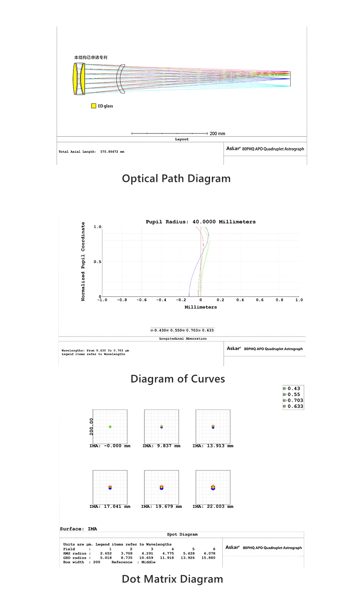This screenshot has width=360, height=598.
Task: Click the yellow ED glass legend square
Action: point(93,106)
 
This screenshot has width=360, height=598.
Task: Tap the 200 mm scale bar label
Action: point(217,133)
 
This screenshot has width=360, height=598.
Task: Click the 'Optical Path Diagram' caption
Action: point(176,179)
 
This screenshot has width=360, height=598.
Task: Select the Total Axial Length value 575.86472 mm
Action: point(112,152)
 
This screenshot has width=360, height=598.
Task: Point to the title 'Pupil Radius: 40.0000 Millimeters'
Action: point(201,222)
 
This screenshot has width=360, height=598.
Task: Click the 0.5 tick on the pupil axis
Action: point(97,262)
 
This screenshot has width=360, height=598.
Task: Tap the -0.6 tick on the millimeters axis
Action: point(141,300)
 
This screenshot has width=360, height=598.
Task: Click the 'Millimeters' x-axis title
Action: point(201,307)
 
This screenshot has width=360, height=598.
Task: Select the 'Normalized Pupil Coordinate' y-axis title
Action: point(83,261)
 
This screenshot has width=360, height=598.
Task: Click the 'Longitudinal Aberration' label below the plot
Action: point(183,339)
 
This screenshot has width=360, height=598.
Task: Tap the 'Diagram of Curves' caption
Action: point(178,378)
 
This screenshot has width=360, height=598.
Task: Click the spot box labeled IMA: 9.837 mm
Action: point(161,426)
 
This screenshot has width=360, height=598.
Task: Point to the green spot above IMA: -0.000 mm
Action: point(110,427)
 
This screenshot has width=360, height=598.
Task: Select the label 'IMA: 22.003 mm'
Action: point(212,506)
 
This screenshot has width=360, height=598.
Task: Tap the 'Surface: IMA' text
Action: point(78,529)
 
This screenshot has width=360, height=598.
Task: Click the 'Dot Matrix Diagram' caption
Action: point(172,579)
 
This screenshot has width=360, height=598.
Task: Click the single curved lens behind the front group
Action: point(120,79)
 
